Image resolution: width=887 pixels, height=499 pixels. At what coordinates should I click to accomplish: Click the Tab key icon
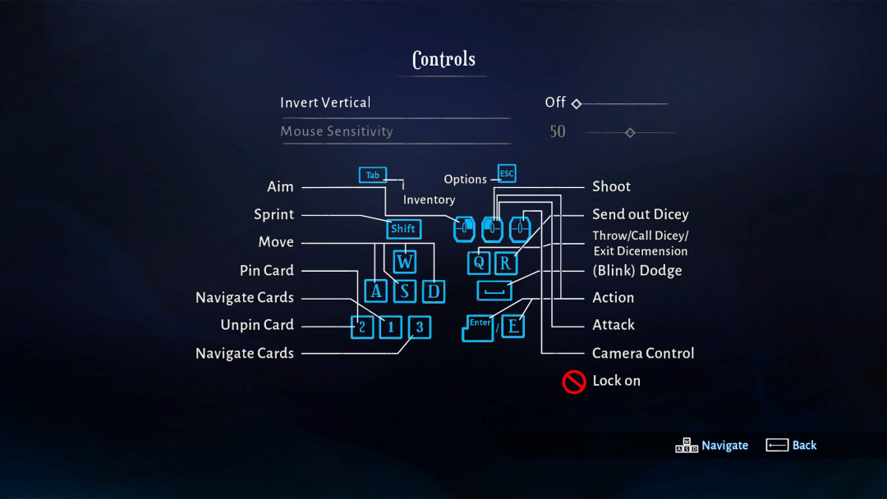coord(372,175)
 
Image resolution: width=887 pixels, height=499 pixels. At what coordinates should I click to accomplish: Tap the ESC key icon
coord(507,174)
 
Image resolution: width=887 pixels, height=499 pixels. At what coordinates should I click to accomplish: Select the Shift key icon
coord(403,229)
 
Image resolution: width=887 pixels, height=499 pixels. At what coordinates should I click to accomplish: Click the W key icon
coord(404,262)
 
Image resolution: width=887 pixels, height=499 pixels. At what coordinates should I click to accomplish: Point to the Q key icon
coord(479,263)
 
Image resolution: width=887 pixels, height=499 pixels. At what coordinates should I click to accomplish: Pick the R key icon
coord(506,263)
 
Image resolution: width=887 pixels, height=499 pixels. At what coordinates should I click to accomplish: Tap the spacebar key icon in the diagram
coord(494,291)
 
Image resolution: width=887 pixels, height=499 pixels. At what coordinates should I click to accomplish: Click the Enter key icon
coord(479,327)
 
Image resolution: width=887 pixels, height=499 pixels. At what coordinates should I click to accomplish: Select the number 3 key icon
coord(419,327)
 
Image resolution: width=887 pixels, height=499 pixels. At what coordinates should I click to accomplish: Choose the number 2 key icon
coord(361,327)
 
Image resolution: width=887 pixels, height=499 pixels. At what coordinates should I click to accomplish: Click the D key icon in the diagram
coord(433,291)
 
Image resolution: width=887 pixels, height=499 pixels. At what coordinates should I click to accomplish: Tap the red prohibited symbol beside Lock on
coord(573,381)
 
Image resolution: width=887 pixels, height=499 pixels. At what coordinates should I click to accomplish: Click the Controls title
coord(443,59)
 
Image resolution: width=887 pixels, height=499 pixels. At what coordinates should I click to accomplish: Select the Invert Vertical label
coord(325,103)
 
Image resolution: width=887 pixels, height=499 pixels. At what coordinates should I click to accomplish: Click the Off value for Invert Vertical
coord(555,103)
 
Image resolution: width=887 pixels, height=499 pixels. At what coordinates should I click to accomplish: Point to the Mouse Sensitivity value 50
coord(558,131)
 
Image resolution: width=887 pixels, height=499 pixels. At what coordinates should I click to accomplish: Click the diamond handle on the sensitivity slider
coord(630,132)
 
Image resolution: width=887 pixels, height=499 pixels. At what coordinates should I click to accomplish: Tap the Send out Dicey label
coord(641,214)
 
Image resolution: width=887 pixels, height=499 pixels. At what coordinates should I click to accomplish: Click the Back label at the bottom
coord(804,445)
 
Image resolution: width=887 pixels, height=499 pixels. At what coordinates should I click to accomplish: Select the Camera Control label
coord(643,353)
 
